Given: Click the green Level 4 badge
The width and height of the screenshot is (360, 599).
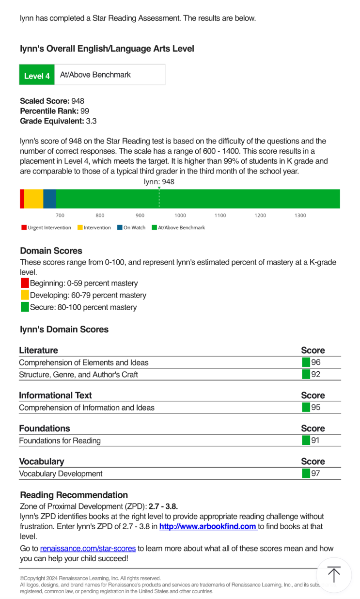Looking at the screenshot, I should (x=37, y=75).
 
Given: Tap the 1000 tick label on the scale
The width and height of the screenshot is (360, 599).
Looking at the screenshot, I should (x=180, y=216).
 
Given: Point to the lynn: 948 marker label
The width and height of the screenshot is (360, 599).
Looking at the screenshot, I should (x=159, y=182).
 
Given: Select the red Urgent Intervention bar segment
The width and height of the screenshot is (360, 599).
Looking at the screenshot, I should (x=22, y=199).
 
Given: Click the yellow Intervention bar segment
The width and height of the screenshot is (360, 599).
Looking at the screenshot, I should (x=33, y=199).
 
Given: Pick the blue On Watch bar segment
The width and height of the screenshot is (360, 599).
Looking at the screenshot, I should (x=49, y=199).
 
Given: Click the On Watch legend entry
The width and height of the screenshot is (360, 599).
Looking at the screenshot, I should (x=131, y=227).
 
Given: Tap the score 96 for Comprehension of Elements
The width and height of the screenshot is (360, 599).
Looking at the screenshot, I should (x=315, y=363).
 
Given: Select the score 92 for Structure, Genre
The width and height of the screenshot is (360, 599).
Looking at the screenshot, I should (x=315, y=375).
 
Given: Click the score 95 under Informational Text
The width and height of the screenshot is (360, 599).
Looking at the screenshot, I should (x=315, y=408).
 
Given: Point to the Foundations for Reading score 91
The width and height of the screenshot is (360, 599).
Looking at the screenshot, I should (x=315, y=441).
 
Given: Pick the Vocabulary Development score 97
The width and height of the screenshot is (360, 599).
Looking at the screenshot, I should (x=315, y=473).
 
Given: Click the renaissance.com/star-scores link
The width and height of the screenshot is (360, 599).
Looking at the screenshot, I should (x=88, y=549).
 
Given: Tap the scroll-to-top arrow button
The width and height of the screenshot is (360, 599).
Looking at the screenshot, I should (x=333, y=575).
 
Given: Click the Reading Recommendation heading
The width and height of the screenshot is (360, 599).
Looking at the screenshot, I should (x=74, y=495).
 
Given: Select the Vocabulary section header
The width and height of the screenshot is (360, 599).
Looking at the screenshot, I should (x=41, y=461).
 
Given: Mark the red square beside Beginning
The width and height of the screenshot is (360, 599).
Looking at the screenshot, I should (x=25, y=283).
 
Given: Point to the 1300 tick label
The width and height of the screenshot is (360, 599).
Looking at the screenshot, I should (x=300, y=216).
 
